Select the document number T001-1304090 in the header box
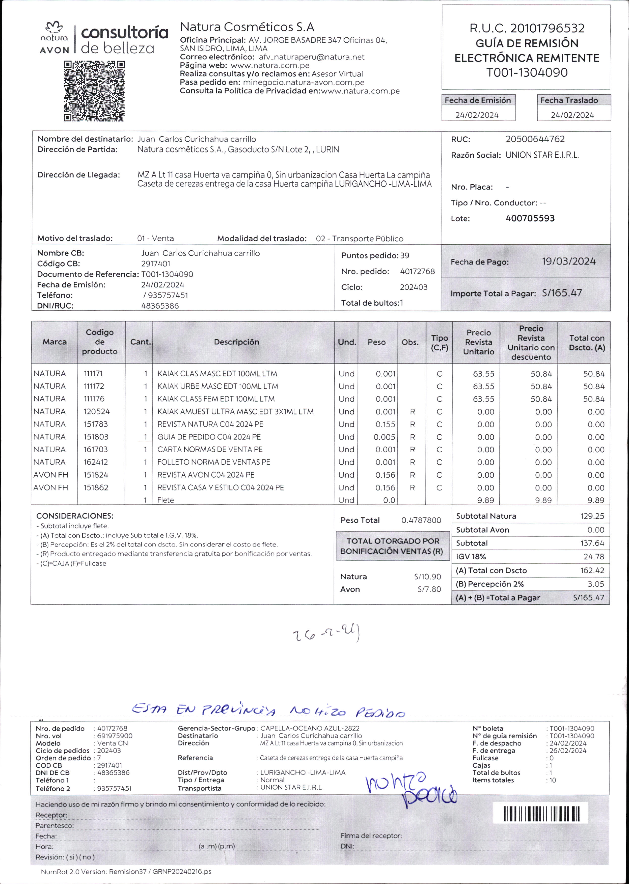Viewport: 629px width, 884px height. click(527, 72)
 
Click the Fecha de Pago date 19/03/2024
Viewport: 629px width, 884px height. click(568, 262)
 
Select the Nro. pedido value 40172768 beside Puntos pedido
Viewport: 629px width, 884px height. click(417, 272)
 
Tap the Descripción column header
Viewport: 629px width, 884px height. click(236, 342)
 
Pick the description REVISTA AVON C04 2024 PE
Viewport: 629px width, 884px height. click(206, 475)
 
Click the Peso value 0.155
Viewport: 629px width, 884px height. click(385, 424)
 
